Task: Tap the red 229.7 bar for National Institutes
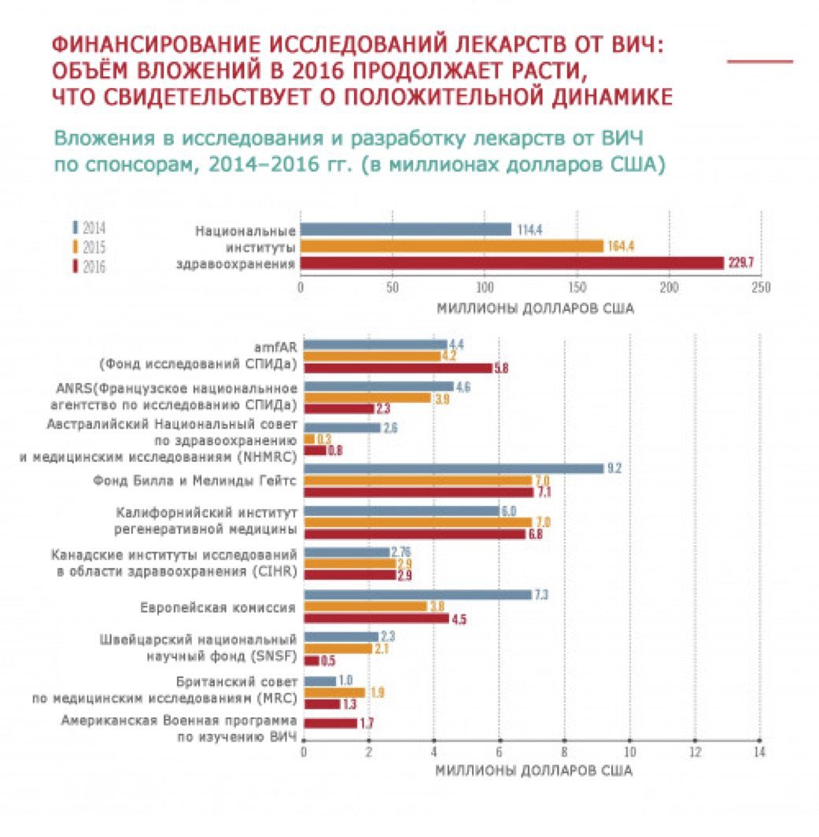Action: (511, 263)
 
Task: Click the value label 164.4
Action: (621, 246)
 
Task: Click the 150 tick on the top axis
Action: (577, 287)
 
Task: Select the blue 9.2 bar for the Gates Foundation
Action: (453, 468)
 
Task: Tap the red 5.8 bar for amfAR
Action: (397, 367)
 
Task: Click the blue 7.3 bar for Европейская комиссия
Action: (418, 594)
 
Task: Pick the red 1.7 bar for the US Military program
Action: (330, 722)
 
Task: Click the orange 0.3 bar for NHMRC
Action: (308, 438)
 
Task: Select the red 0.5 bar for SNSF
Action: (312, 661)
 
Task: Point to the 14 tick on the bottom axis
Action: (759, 750)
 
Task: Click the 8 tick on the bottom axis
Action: (564, 750)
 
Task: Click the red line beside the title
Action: (759, 61)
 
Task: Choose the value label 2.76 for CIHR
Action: (404, 551)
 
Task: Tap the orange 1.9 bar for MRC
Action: (334, 692)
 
